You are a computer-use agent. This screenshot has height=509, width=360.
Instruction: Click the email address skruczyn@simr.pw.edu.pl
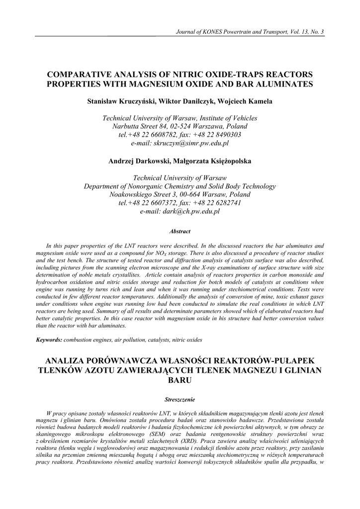pos(180,143)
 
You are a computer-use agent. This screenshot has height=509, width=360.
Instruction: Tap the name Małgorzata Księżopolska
pos(213,161)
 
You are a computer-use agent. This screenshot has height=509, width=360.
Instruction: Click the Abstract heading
pos(180,231)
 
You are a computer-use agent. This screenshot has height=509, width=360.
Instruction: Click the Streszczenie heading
pos(180,399)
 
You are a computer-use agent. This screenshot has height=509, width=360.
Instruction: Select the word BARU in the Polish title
pos(180,380)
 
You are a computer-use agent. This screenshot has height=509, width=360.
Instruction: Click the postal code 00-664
pos(189,194)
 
